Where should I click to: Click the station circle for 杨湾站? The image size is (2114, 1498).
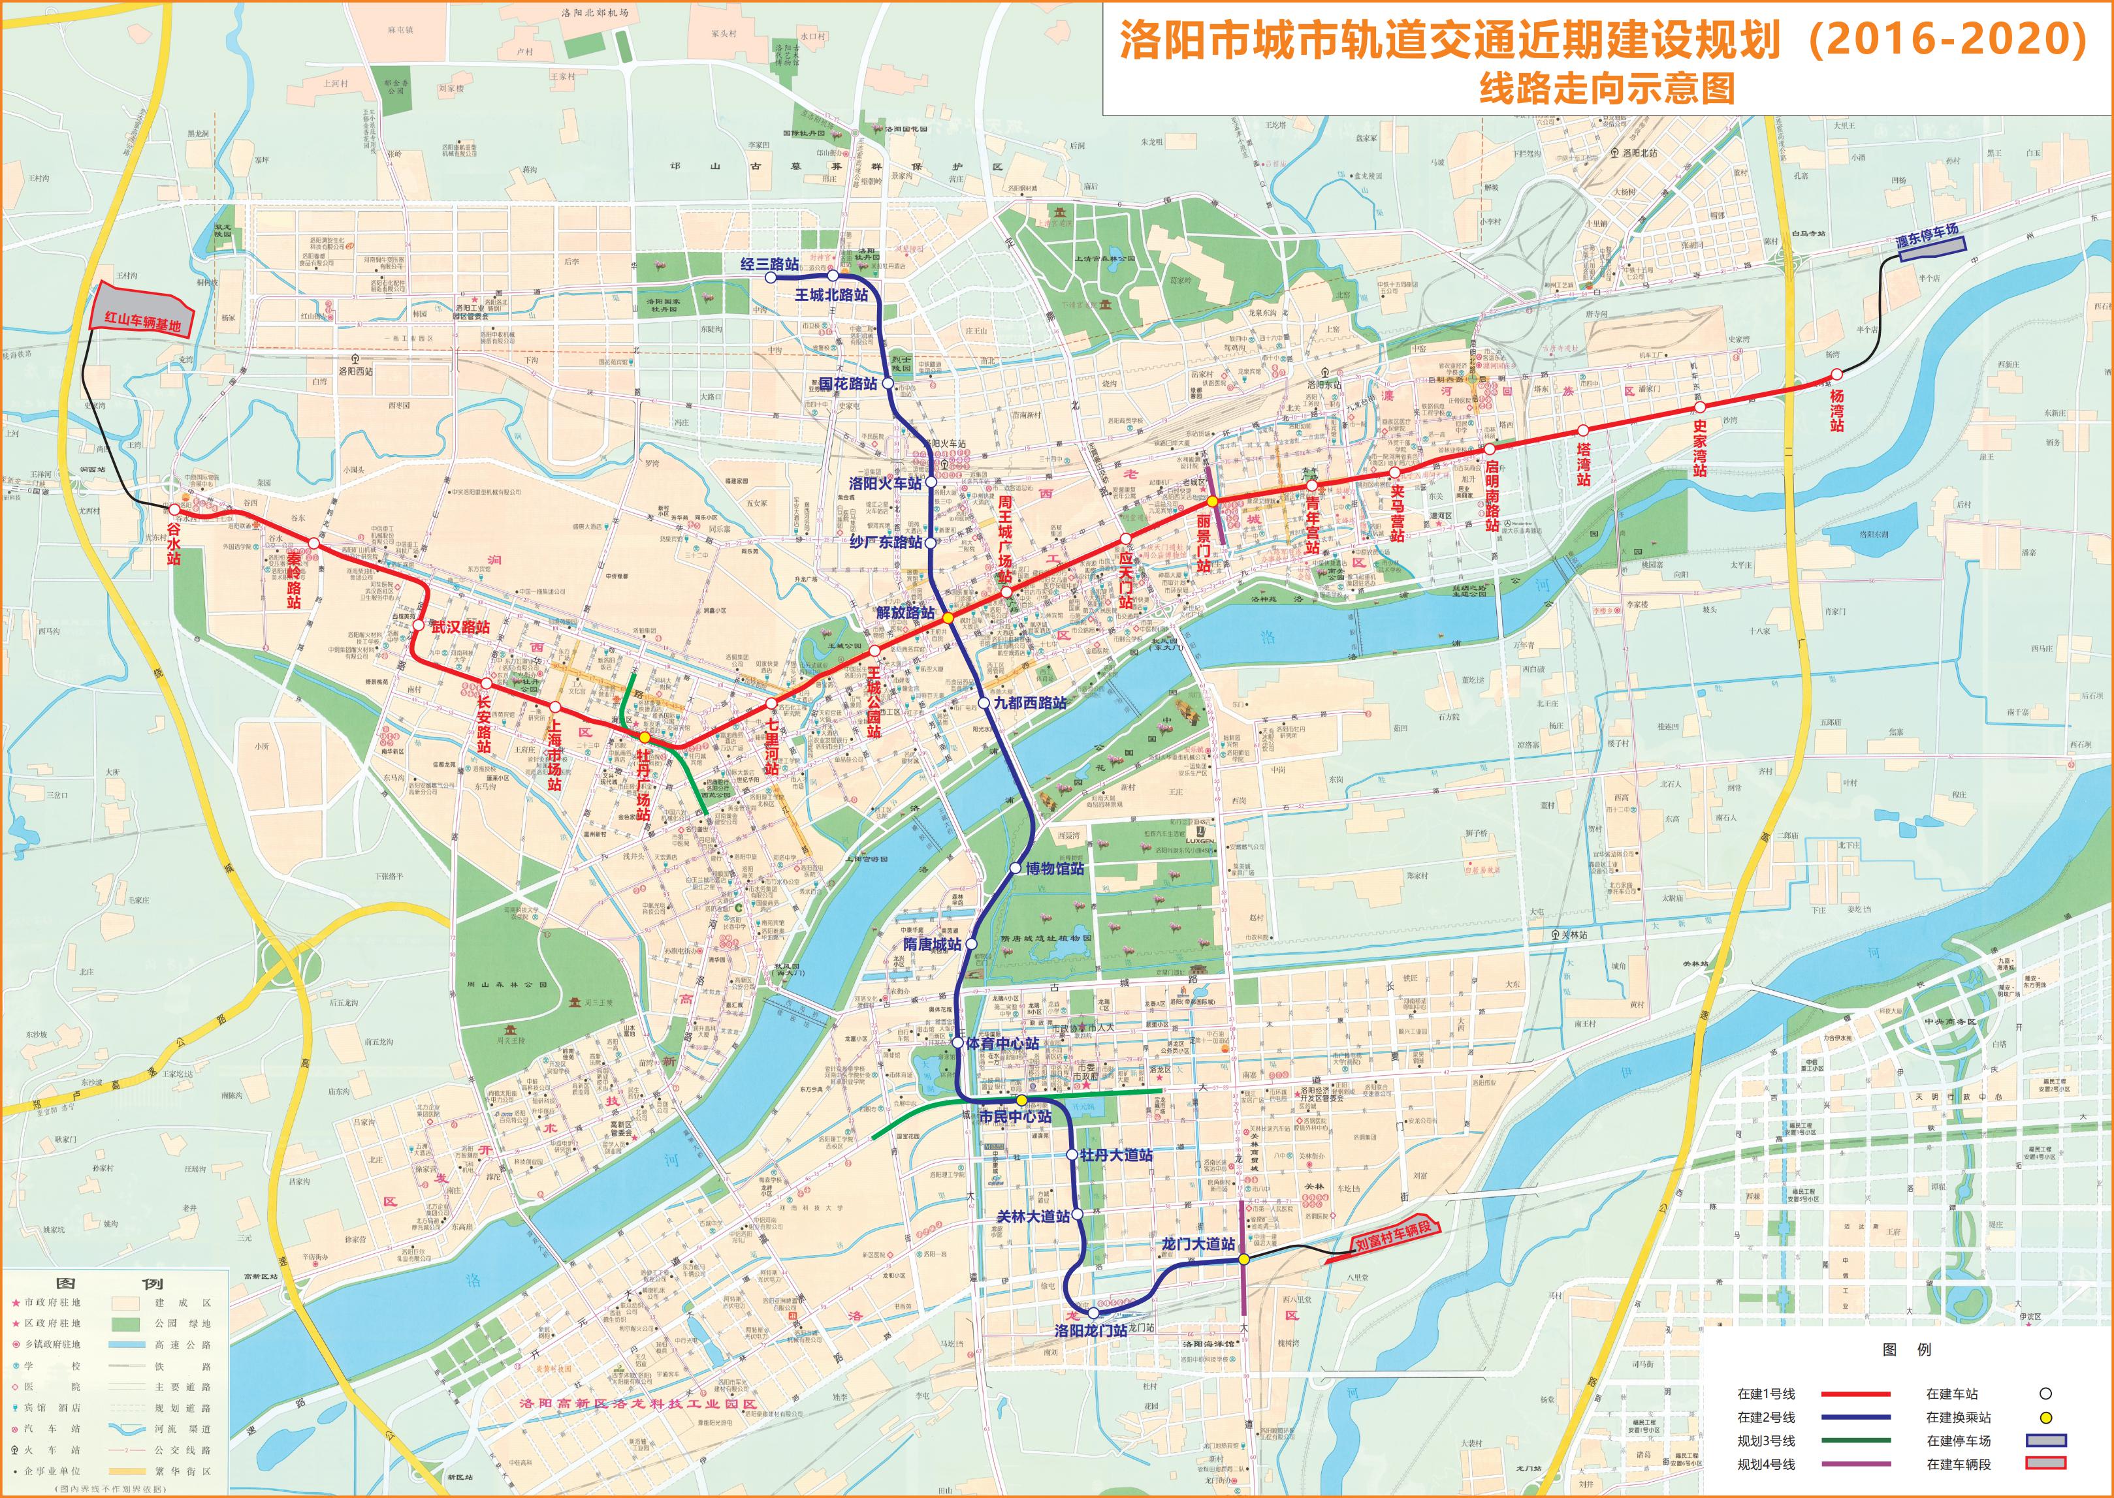tap(1836, 373)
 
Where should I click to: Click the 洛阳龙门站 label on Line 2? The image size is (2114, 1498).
tap(1091, 1331)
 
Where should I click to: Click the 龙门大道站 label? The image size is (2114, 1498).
tap(1198, 1243)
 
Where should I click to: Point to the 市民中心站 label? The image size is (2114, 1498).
tap(1015, 1116)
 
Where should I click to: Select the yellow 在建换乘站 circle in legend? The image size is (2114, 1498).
tap(2045, 1417)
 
